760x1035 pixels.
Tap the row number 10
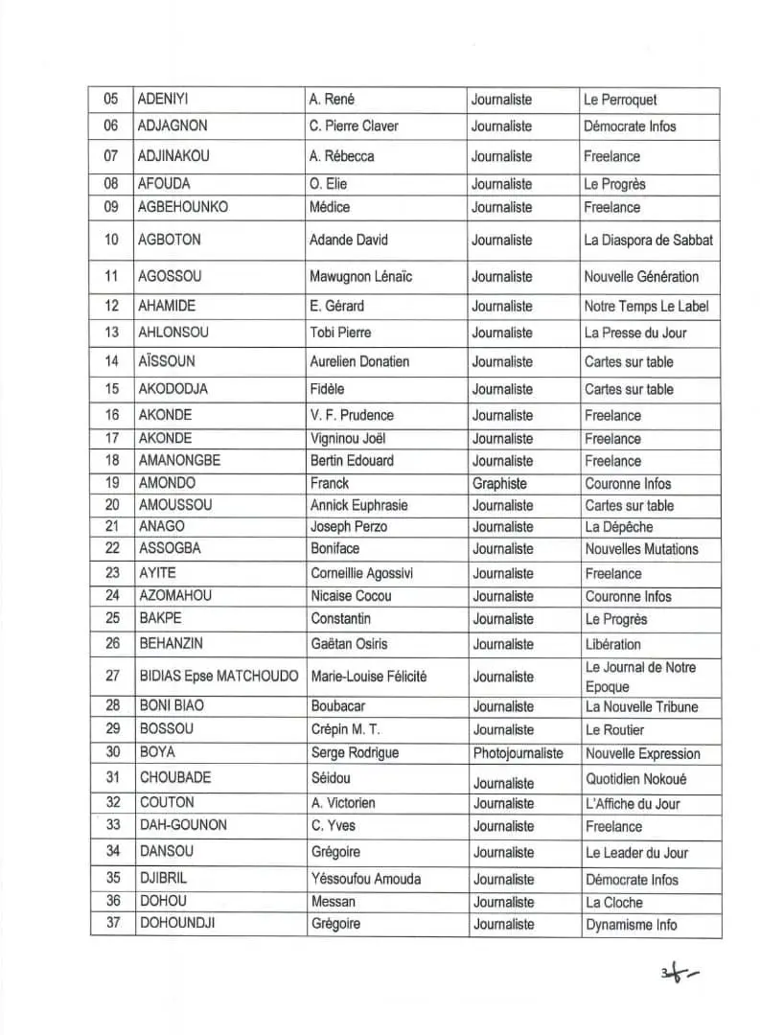click(x=112, y=240)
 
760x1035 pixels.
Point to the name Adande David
click(x=348, y=240)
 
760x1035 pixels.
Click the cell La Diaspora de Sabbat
click(x=648, y=240)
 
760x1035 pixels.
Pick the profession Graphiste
click(x=499, y=484)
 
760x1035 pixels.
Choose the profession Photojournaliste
click(x=518, y=754)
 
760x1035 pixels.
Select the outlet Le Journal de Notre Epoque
click(x=640, y=677)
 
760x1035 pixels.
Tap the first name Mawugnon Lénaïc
click(x=360, y=277)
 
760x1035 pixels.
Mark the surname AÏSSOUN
click(x=167, y=361)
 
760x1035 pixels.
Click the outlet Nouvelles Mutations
click(x=641, y=549)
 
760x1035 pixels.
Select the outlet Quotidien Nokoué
click(x=636, y=779)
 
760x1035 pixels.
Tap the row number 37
click(x=113, y=924)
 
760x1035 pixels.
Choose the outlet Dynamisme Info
click(x=631, y=925)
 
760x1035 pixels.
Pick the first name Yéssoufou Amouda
click(x=365, y=879)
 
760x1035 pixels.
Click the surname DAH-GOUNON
click(x=183, y=825)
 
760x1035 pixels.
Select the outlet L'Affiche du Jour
click(x=633, y=803)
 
